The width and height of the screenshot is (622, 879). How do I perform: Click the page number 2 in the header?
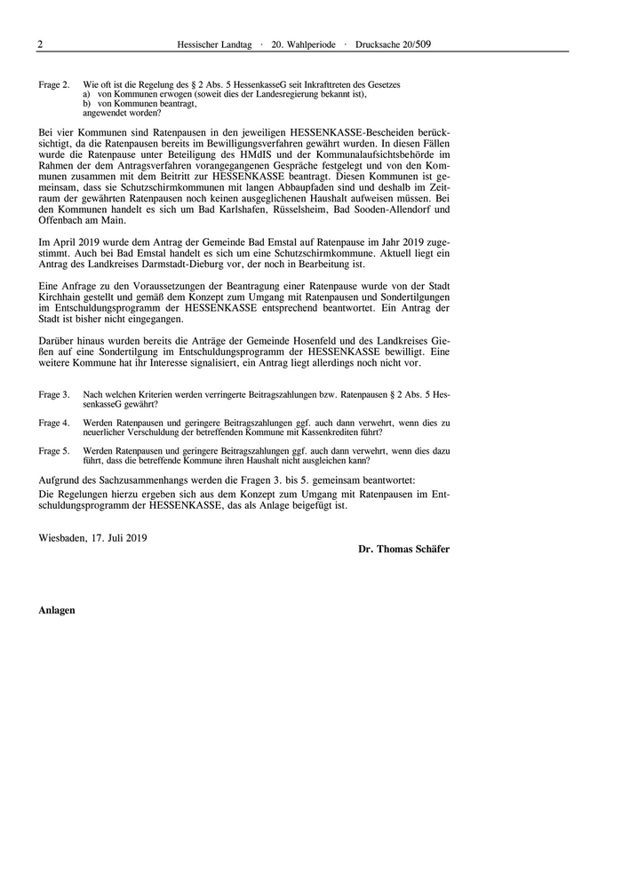40,43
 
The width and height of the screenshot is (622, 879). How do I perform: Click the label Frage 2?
54,84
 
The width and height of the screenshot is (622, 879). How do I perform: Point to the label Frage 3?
54,393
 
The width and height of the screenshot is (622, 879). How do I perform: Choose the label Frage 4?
54,423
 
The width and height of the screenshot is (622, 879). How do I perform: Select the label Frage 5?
54,451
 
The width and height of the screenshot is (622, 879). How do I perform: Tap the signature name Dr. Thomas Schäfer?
403,550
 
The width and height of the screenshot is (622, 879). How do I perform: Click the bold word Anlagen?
57,610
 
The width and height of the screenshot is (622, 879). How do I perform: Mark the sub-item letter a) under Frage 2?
87,93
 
